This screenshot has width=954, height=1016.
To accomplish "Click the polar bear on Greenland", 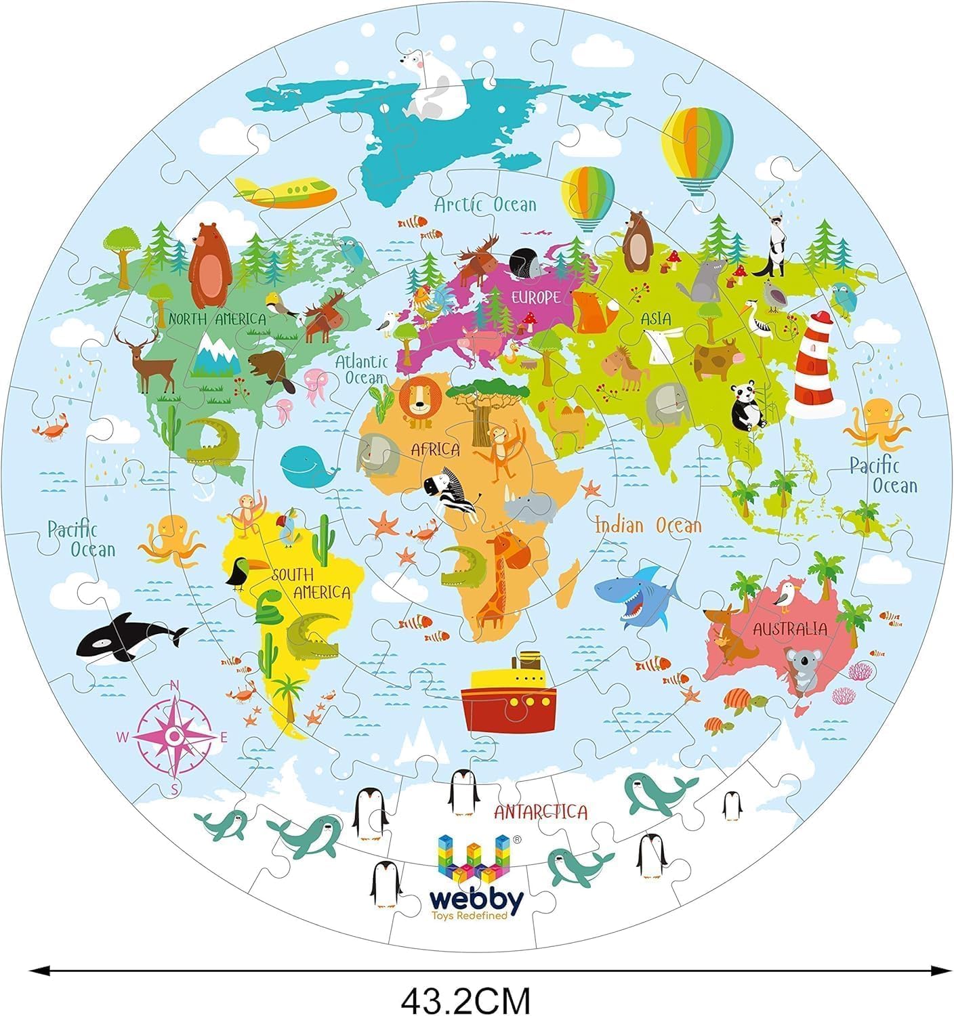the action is [434, 85].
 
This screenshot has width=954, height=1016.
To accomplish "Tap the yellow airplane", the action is [288, 190].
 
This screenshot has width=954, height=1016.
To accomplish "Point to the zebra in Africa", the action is [451, 491].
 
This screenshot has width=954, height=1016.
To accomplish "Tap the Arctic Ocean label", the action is [485, 204].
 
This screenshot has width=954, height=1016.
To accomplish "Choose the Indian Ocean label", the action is [648, 525].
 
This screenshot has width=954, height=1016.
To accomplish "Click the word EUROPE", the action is [535, 297].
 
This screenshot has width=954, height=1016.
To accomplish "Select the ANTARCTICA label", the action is [540, 811].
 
